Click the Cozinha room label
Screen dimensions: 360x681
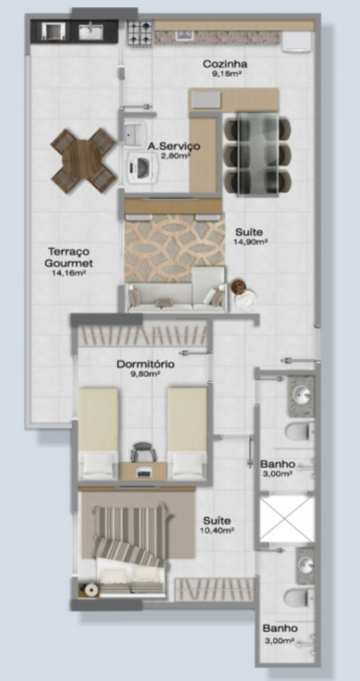coord(225,64)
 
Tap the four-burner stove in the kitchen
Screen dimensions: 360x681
coord(140,33)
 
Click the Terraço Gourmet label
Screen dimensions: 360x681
coord(69,257)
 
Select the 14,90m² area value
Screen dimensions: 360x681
coord(250,242)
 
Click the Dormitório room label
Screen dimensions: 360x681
coord(145,364)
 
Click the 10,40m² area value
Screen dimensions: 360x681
coord(217,530)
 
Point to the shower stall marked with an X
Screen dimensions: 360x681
coord(286,519)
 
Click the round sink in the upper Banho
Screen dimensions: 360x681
coord(301,395)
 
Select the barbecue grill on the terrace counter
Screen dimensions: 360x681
coord(54,31)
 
